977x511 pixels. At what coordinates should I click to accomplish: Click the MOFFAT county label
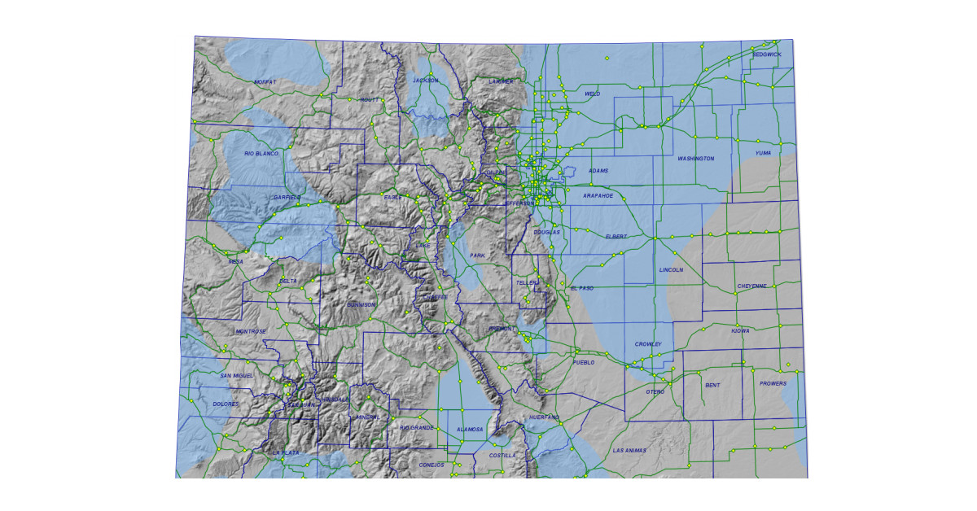click(x=265, y=82)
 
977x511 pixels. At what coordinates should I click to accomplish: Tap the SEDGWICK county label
click(x=766, y=55)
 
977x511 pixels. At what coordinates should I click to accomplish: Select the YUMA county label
click(x=763, y=153)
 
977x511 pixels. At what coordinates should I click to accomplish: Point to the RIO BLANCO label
click(x=261, y=153)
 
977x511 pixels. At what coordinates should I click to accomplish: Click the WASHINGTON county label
click(x=696, y=159)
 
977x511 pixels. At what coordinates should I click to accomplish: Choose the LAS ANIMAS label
click(x=629, y=450)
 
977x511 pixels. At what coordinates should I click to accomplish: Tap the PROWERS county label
click(x=773, y=383)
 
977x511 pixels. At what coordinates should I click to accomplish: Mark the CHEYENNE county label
click(x=751, y=286)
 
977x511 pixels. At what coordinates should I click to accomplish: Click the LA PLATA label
click(x=287, y=452)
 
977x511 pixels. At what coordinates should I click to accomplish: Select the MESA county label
click(x=235, y=262)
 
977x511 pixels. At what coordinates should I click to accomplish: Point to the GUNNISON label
click(x=361, y=304)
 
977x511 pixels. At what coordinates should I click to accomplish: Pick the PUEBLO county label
click(x=584, y=362)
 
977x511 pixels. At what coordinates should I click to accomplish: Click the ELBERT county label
click(x=616, y=236)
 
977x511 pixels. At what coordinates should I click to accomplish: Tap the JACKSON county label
click(x=425, y=81)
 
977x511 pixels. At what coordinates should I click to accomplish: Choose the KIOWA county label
click(x=740, y=331)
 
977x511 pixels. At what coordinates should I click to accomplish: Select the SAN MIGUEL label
click(x=237, y=375)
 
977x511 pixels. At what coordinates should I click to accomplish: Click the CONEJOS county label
click(x=431, y=465)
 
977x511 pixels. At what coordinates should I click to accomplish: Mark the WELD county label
click(x=593, y=94)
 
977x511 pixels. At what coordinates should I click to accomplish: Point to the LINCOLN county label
click(x=671, y=269)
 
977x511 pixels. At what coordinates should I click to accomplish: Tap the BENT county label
click(x=712, y=384)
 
